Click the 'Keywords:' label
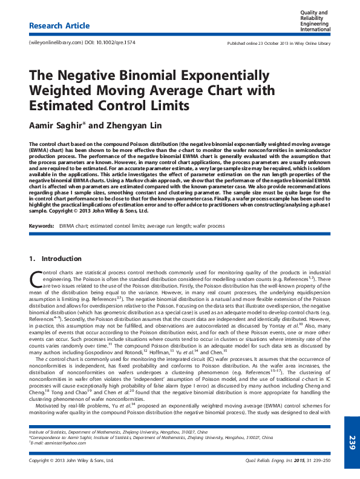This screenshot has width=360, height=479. coord(41,226)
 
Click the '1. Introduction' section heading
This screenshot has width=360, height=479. coord(51,259)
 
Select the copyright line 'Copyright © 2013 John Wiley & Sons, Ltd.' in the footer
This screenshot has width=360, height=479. coord(71,461)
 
